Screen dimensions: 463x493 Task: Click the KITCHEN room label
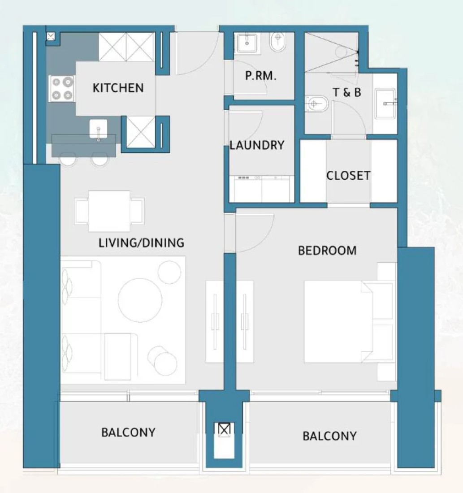pos(118,88)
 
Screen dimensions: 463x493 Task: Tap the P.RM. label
pos(261,76)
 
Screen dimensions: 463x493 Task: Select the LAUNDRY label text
pos(257,145)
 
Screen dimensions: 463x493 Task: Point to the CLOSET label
pos(348,175)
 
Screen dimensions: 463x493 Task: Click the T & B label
pos(347,92)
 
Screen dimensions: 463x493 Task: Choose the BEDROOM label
pos(327,251)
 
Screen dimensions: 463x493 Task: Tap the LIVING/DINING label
pos(141,243)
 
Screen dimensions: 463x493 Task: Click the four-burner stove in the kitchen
pos(61,89)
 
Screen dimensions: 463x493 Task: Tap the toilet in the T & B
pos(316,104)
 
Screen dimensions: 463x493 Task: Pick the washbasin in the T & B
pos(385,104)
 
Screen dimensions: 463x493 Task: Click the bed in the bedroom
pos(349,322)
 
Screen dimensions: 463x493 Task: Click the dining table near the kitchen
pos(109,211)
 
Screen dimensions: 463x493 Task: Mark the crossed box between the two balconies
pos(224,429)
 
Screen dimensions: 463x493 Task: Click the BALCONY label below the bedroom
pos(329,436)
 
